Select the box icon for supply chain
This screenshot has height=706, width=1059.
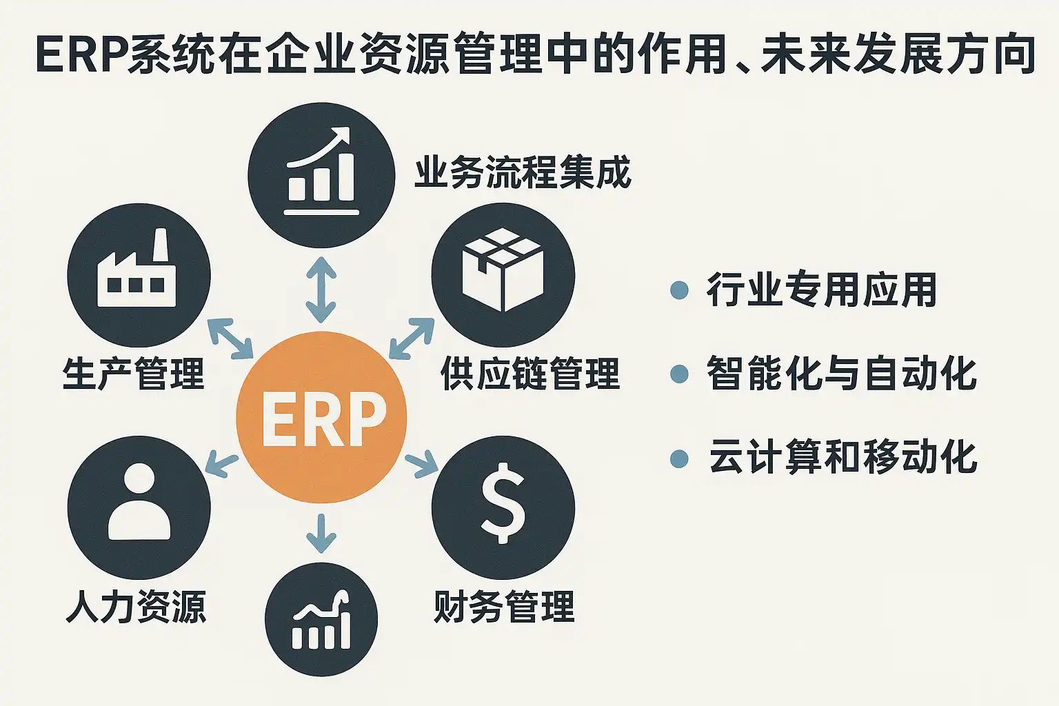(503, 271)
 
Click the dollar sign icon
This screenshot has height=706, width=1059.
(503, 503)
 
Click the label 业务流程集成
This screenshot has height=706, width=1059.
(523, 172)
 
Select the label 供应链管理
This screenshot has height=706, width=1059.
(529, 374)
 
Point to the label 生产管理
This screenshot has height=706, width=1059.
(134, 374)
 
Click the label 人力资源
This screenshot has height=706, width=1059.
(136, 607)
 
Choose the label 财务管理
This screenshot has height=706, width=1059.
(504, 607)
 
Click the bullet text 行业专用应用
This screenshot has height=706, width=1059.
(821, 290)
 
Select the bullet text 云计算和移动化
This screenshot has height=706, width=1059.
(843, 457)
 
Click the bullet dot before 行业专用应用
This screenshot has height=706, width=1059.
(679, 290)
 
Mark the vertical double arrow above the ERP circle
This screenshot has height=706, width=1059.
(321, 290)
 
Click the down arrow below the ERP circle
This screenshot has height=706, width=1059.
(321, 533)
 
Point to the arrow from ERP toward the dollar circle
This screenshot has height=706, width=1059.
(421, 463)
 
